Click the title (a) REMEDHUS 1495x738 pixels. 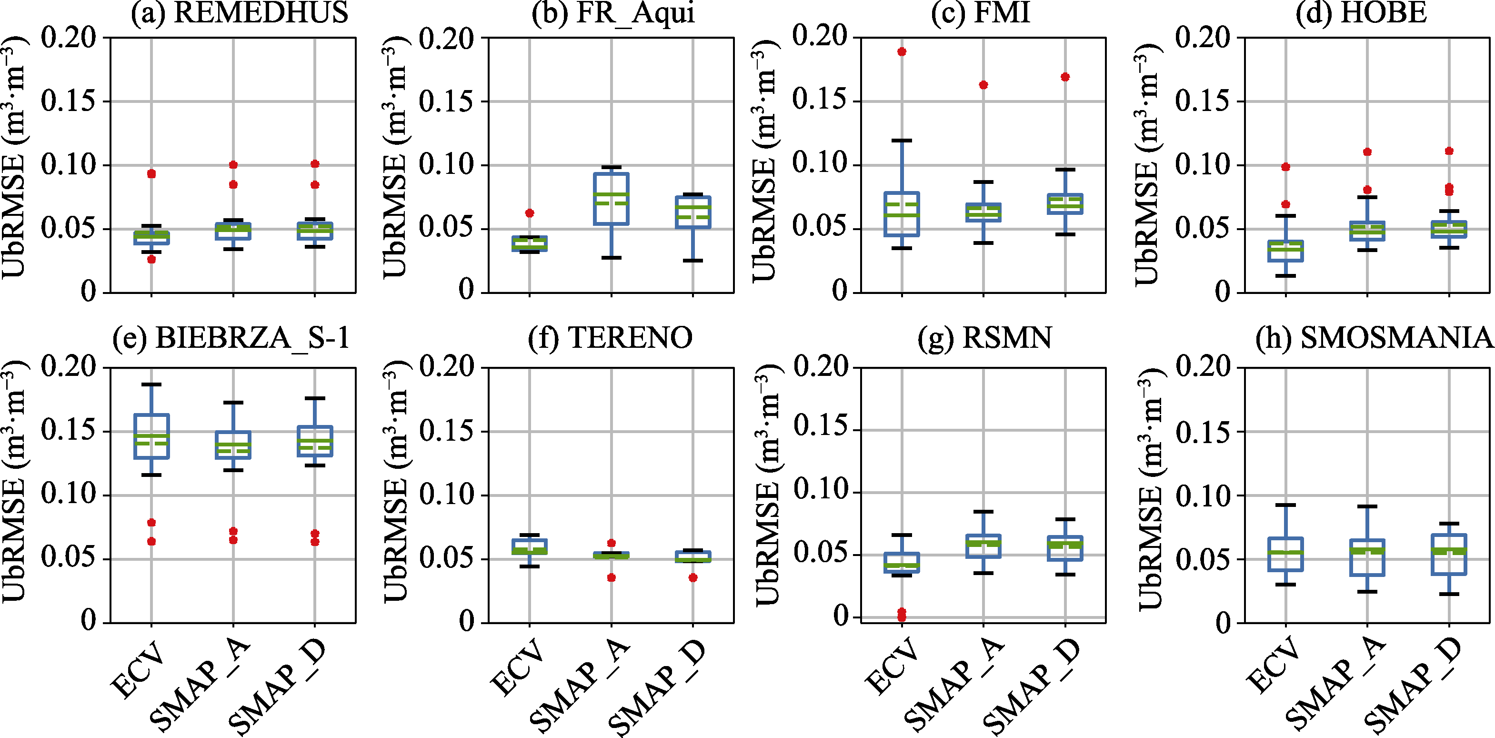(239, 13)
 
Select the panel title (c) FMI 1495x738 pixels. (980, 13)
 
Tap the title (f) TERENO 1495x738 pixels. (610, 337)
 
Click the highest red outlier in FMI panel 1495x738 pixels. (902, 51)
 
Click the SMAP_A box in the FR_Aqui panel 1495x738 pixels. (611, 199)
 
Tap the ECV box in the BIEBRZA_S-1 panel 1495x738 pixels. (151, 436)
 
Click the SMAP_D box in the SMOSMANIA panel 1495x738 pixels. (1449, 555)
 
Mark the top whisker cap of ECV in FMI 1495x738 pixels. (902, 141)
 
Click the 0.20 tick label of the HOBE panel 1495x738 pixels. (1203, 38)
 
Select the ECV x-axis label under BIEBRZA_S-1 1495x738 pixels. (138, 668)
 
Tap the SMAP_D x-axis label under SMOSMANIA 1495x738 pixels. (1412, 687)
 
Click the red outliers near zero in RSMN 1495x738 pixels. (902, 614)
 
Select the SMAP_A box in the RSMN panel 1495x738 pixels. (983, 546)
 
